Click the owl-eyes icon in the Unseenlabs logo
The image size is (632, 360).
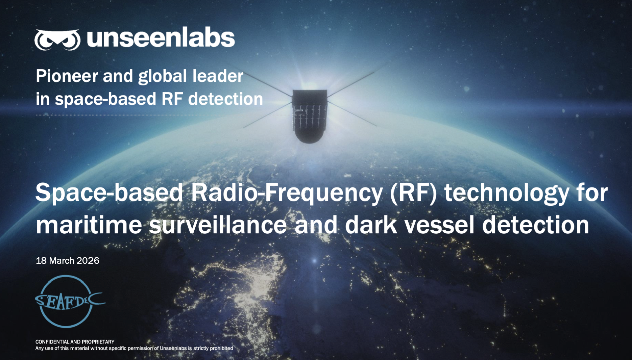pos(57,40)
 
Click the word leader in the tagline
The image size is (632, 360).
pos(218,76)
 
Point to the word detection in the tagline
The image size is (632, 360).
pos(225,99)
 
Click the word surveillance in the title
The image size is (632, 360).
pos(218,225)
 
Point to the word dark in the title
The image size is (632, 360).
pos(371,225)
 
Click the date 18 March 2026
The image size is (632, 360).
pos(68,261)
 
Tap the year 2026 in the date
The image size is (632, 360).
pos(88,261)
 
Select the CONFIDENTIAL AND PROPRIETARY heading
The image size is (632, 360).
pos(75,342)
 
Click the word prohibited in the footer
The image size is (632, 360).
pos(221,348)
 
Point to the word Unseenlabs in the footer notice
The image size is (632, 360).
pos(173,348)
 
